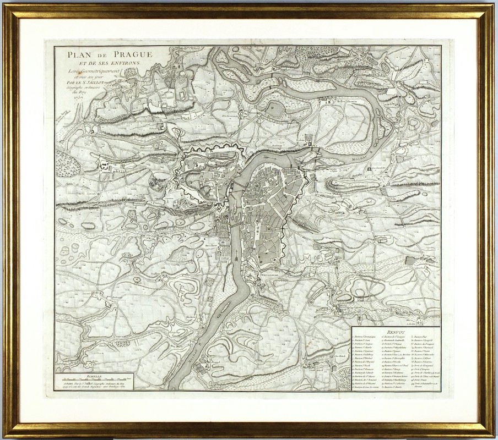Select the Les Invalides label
click(x=377, y=169)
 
